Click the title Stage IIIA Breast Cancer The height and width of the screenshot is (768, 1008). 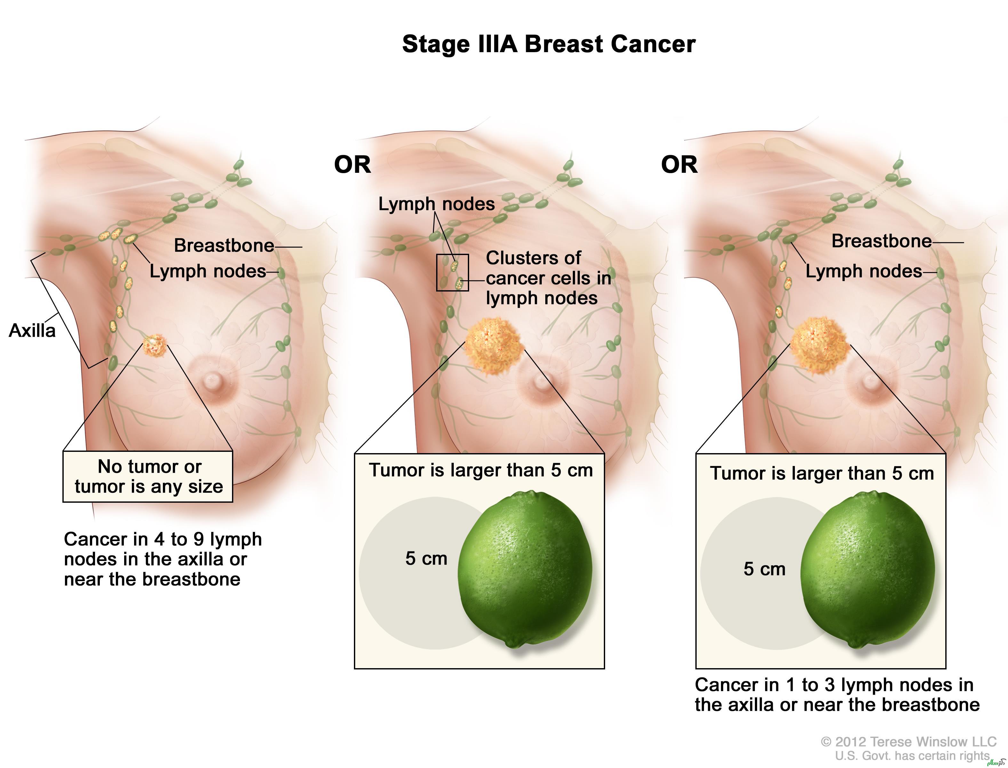pyautogui.click(x=548, y=44)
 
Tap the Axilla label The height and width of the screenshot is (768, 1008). pyautogui.click(x=32, y=330)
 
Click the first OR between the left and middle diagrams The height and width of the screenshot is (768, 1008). pyautogui.click(x=352, y=164)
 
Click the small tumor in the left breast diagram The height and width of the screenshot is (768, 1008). pyautogui.click(x=154, y=345)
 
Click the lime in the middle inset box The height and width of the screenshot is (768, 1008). pyautogui.click(x=525, y=569)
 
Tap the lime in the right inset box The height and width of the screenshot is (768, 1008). pyautogui.click(x=867, y=569)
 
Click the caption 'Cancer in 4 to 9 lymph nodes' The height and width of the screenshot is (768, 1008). pyautogui.click(x=163, y=559)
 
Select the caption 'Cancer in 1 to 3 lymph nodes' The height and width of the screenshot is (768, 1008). pyautogui.click(x=836, y=695)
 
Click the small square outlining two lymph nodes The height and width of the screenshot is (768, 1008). pyautogui.click(x=452, y=272)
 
